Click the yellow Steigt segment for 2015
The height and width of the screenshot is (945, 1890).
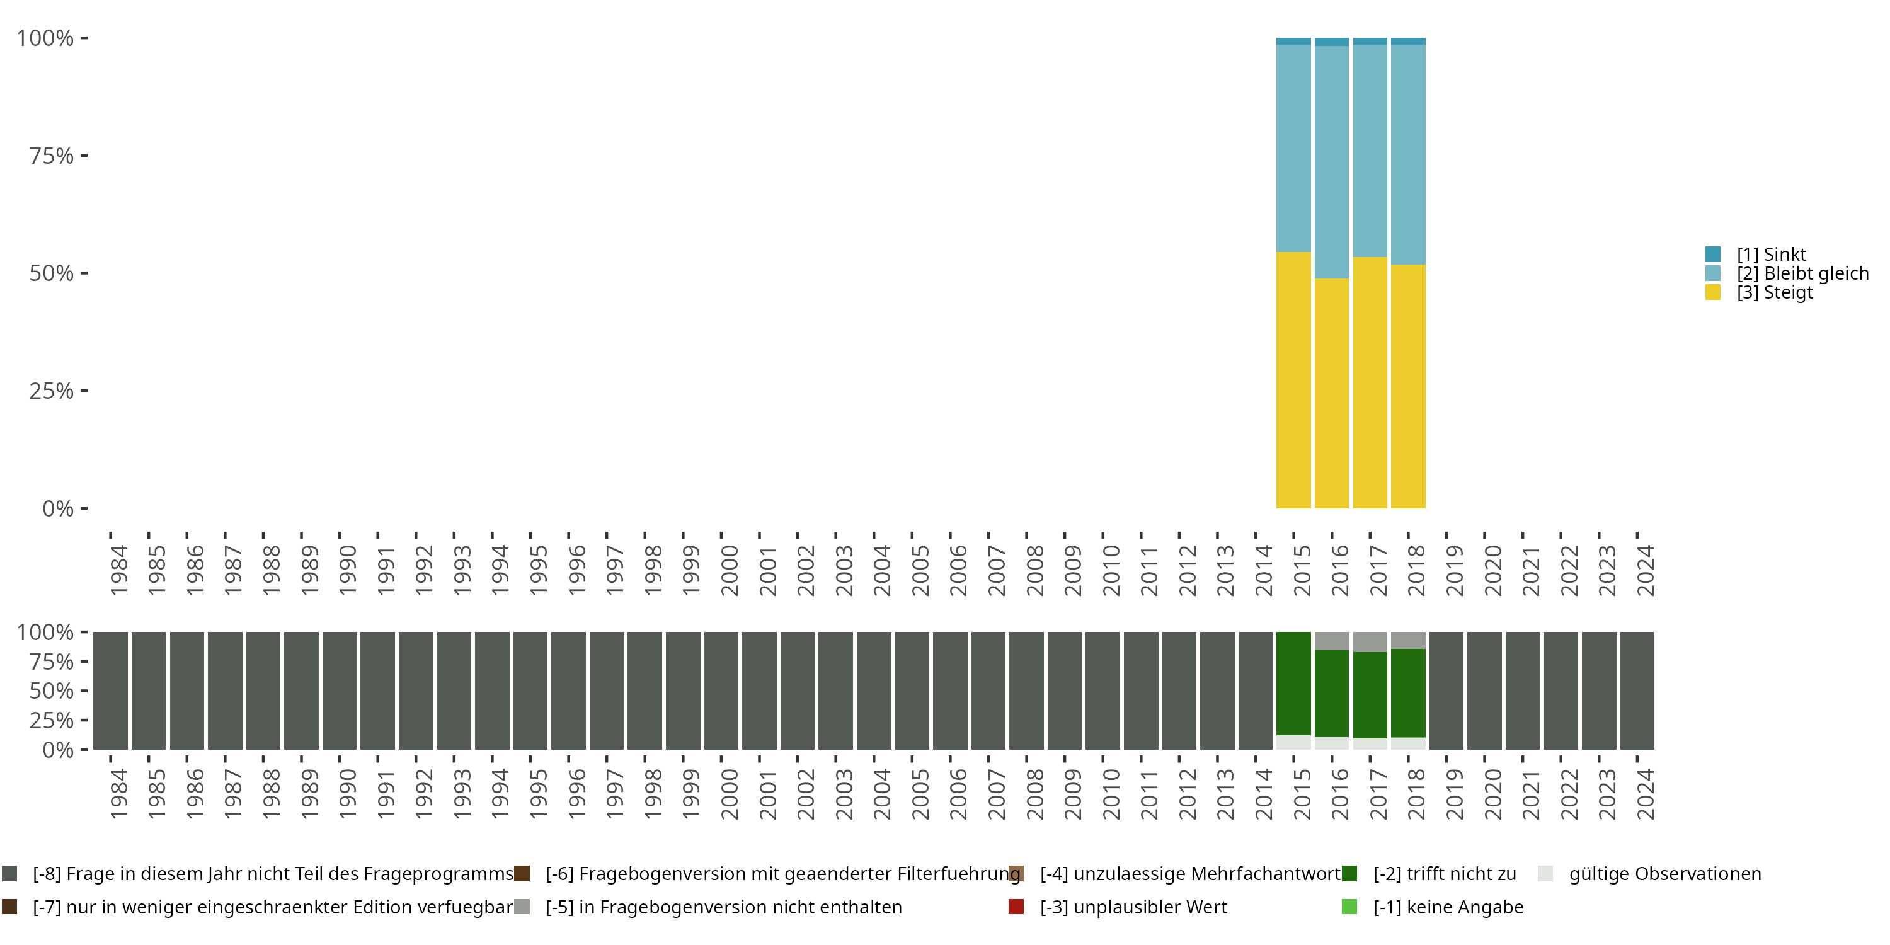1293,380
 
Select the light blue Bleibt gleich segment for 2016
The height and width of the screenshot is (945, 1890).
1331,161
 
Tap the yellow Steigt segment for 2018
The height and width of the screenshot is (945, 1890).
1407,386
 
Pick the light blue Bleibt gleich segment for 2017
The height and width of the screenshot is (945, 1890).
1369,151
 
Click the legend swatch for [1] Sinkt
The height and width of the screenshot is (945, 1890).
1712,255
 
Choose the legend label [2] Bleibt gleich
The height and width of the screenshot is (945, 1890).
1802,273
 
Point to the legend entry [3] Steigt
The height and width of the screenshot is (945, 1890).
1774,293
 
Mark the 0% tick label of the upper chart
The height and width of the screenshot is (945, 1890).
58,508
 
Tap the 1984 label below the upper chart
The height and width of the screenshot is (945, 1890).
119,570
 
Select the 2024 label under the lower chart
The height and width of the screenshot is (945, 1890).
1645,794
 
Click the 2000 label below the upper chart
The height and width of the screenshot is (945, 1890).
730,570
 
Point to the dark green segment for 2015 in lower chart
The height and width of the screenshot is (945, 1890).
1293,682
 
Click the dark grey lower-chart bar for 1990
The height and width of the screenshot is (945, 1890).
339,690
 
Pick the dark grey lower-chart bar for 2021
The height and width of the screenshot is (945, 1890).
1523,690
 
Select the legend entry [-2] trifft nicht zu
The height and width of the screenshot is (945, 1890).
1444,874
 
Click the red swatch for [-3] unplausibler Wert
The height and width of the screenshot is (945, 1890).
1016,907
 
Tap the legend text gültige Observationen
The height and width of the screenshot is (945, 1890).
1664,874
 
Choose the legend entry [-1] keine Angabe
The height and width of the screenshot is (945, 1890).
1448,907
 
